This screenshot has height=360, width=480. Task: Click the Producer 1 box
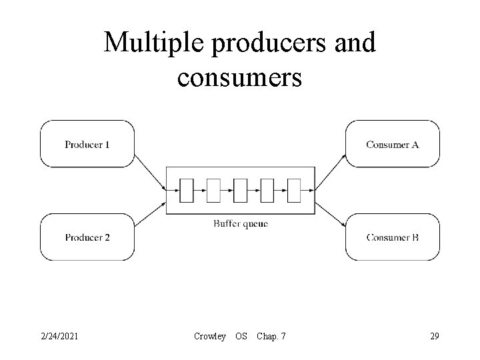point(87,144)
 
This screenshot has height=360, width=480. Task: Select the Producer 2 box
point(87,237)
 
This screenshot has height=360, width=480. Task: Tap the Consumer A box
point(392,144)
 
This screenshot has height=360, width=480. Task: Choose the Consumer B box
point(392,237)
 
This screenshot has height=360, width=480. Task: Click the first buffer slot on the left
point(187,191)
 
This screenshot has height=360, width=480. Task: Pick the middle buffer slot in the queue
point(240,191)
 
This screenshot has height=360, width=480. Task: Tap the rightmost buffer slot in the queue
point(293,191)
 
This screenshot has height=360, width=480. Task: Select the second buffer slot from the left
point(213,191)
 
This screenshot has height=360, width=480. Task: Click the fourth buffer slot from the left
point(267,191)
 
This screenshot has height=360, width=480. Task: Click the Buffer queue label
point(240,224)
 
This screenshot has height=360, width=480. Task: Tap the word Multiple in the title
point(151,43)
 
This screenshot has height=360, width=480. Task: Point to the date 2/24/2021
point(59,336)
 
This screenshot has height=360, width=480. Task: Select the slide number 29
point(435,336)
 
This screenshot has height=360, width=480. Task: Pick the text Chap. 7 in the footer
point(271,336)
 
